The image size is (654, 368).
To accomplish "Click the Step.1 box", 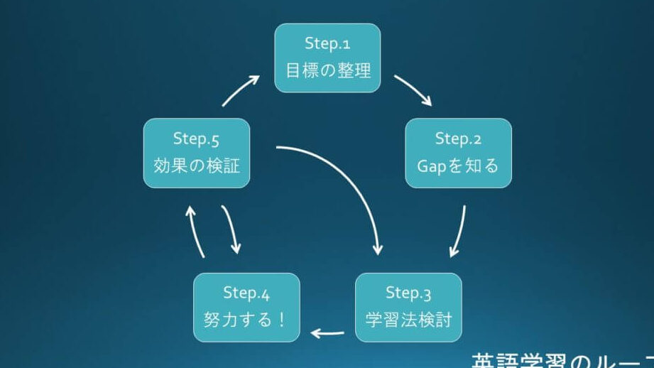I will tap(327, 58).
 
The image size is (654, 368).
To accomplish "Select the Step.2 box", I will tap(458, 153).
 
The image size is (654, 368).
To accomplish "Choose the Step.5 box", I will tap(197, 153).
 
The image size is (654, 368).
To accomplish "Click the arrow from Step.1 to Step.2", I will tap(413, 90).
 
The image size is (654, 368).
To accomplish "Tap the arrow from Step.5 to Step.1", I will tap(241, 90).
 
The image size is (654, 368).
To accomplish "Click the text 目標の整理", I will tap(328, 71).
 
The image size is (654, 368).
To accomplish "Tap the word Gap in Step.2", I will tap(432, 166).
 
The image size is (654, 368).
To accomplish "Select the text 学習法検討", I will tap(408, 317).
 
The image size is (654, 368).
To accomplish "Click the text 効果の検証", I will tap(197, 166).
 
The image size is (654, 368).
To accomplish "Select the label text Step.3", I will tap(408, 293).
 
